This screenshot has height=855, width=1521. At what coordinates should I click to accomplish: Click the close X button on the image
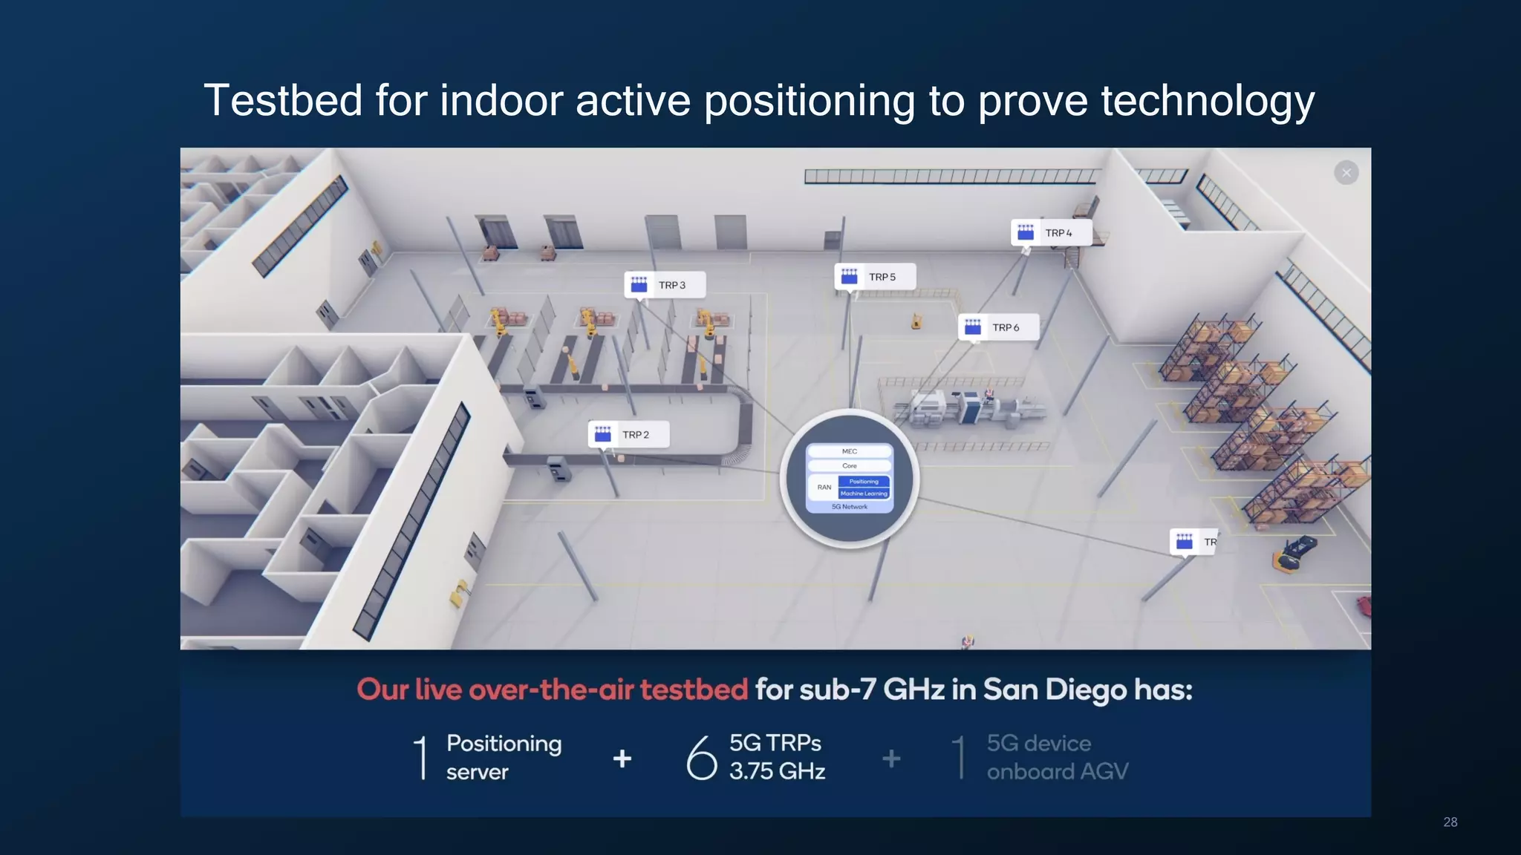coord(1346,173)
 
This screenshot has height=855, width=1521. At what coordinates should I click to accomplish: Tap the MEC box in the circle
coord(850,451)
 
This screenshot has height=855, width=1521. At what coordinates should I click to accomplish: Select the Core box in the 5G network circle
coord(850,465)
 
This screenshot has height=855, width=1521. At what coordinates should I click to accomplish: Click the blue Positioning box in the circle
coord(864,482)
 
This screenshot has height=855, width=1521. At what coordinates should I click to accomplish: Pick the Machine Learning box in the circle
coord(864,494)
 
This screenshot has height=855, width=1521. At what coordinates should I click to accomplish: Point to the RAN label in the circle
coord(824,488)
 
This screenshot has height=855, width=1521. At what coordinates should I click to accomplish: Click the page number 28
coord(1450,822)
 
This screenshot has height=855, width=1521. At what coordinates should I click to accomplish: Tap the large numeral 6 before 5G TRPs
coord(701,758)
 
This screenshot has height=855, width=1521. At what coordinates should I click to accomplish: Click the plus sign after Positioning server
coord(622,759)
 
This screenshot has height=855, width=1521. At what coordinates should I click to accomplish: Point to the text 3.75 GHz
coord(777,772)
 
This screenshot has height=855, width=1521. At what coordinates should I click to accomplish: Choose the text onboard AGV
coord(1057,772)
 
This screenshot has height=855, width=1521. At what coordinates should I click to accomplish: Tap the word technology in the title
coord(1208,102)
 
